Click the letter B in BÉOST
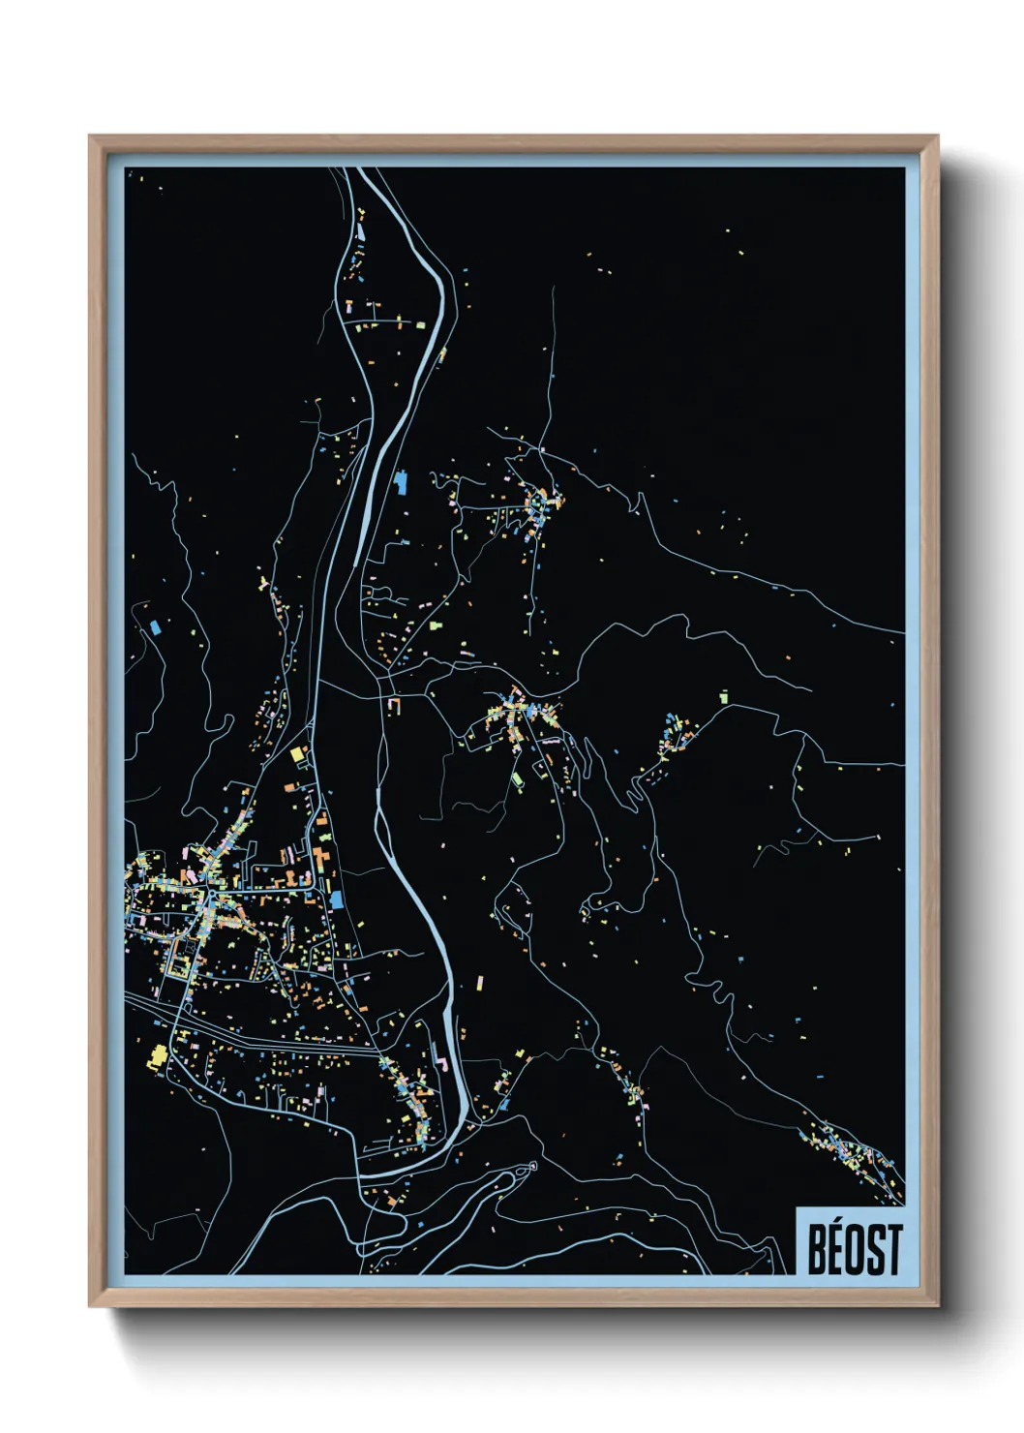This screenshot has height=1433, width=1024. click(818, 1250)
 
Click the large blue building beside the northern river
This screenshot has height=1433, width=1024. click(402, 480)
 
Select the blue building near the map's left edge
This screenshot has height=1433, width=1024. click(155, 626)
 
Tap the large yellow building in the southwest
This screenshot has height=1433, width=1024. click(157, 1057)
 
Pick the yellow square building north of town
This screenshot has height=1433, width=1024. click(298, 753)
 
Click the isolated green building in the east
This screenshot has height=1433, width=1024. click(723, 696)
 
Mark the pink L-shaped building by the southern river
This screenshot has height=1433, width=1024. click(444, 1062)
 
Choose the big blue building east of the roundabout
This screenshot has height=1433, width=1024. click(336, 899)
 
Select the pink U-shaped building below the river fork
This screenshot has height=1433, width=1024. click(394, 705)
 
